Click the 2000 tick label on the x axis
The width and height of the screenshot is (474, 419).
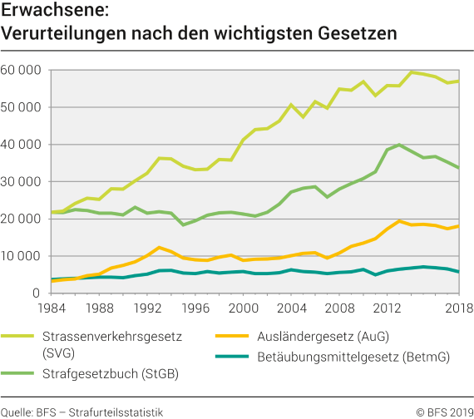point(244,308)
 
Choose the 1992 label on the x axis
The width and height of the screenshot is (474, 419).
point(147,308)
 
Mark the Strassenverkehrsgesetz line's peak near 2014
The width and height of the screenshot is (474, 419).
point(412,72)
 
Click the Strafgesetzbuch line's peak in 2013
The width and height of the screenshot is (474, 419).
point(400,145)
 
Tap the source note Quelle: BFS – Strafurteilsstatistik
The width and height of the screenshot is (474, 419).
point(82,411)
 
